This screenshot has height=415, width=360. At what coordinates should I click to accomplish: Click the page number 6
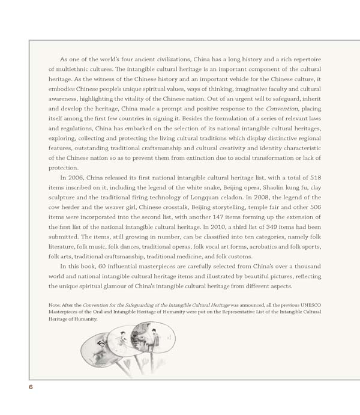coord(31,387)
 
